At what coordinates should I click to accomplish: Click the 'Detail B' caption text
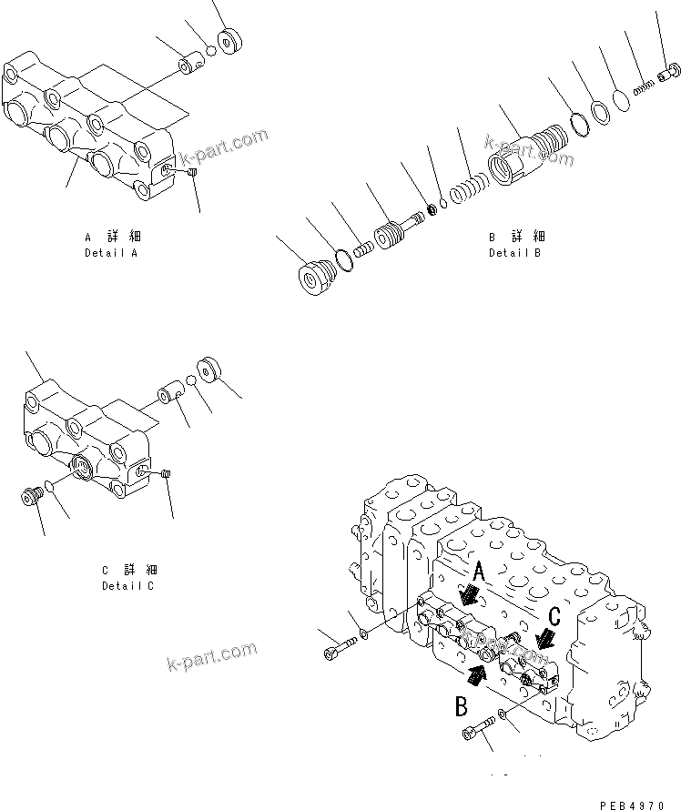click(514, 252)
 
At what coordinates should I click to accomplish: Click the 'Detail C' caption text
click(127, 585)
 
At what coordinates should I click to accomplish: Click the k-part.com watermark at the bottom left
click(212, 657)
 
